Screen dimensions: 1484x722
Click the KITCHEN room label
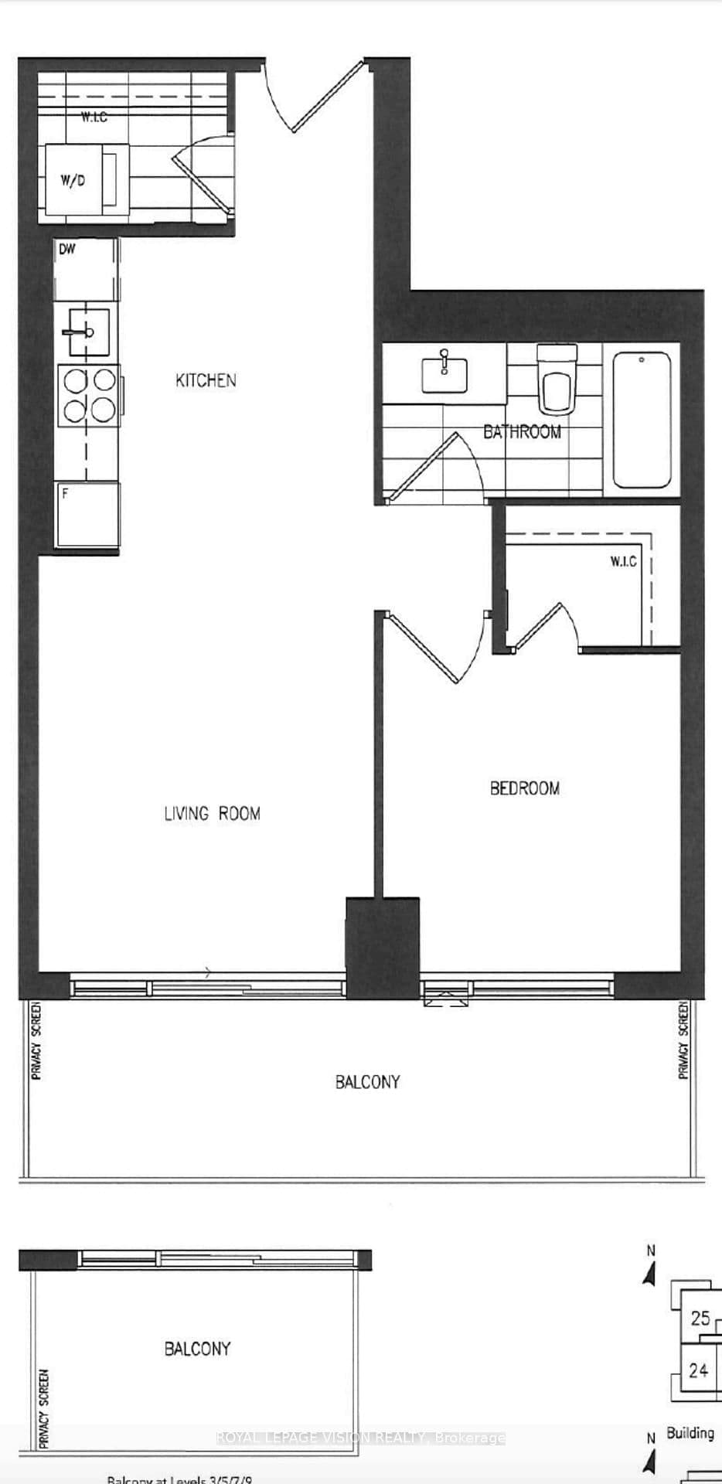(206, 380)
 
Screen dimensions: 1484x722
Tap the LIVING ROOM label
(212, 813)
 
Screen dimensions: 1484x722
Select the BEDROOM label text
(525, 788)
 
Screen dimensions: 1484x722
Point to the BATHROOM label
(522, 432)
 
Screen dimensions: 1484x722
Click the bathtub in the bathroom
(642, 420)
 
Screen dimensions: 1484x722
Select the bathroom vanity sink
(444, 374)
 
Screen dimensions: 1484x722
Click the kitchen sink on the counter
(85, 332)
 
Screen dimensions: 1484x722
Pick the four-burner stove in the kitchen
(89, 394)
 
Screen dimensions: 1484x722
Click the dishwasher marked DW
(87, 268)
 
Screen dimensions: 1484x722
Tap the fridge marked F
(87, 514)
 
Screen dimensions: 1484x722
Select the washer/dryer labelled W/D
(73, 180)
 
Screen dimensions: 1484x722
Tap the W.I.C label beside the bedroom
(623, 561)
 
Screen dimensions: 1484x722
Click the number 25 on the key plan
(700, 1318)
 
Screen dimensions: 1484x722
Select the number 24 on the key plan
(698, 1370)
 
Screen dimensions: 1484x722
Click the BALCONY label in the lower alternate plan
(197, 1349)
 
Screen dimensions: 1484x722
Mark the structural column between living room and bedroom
(382, 947)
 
